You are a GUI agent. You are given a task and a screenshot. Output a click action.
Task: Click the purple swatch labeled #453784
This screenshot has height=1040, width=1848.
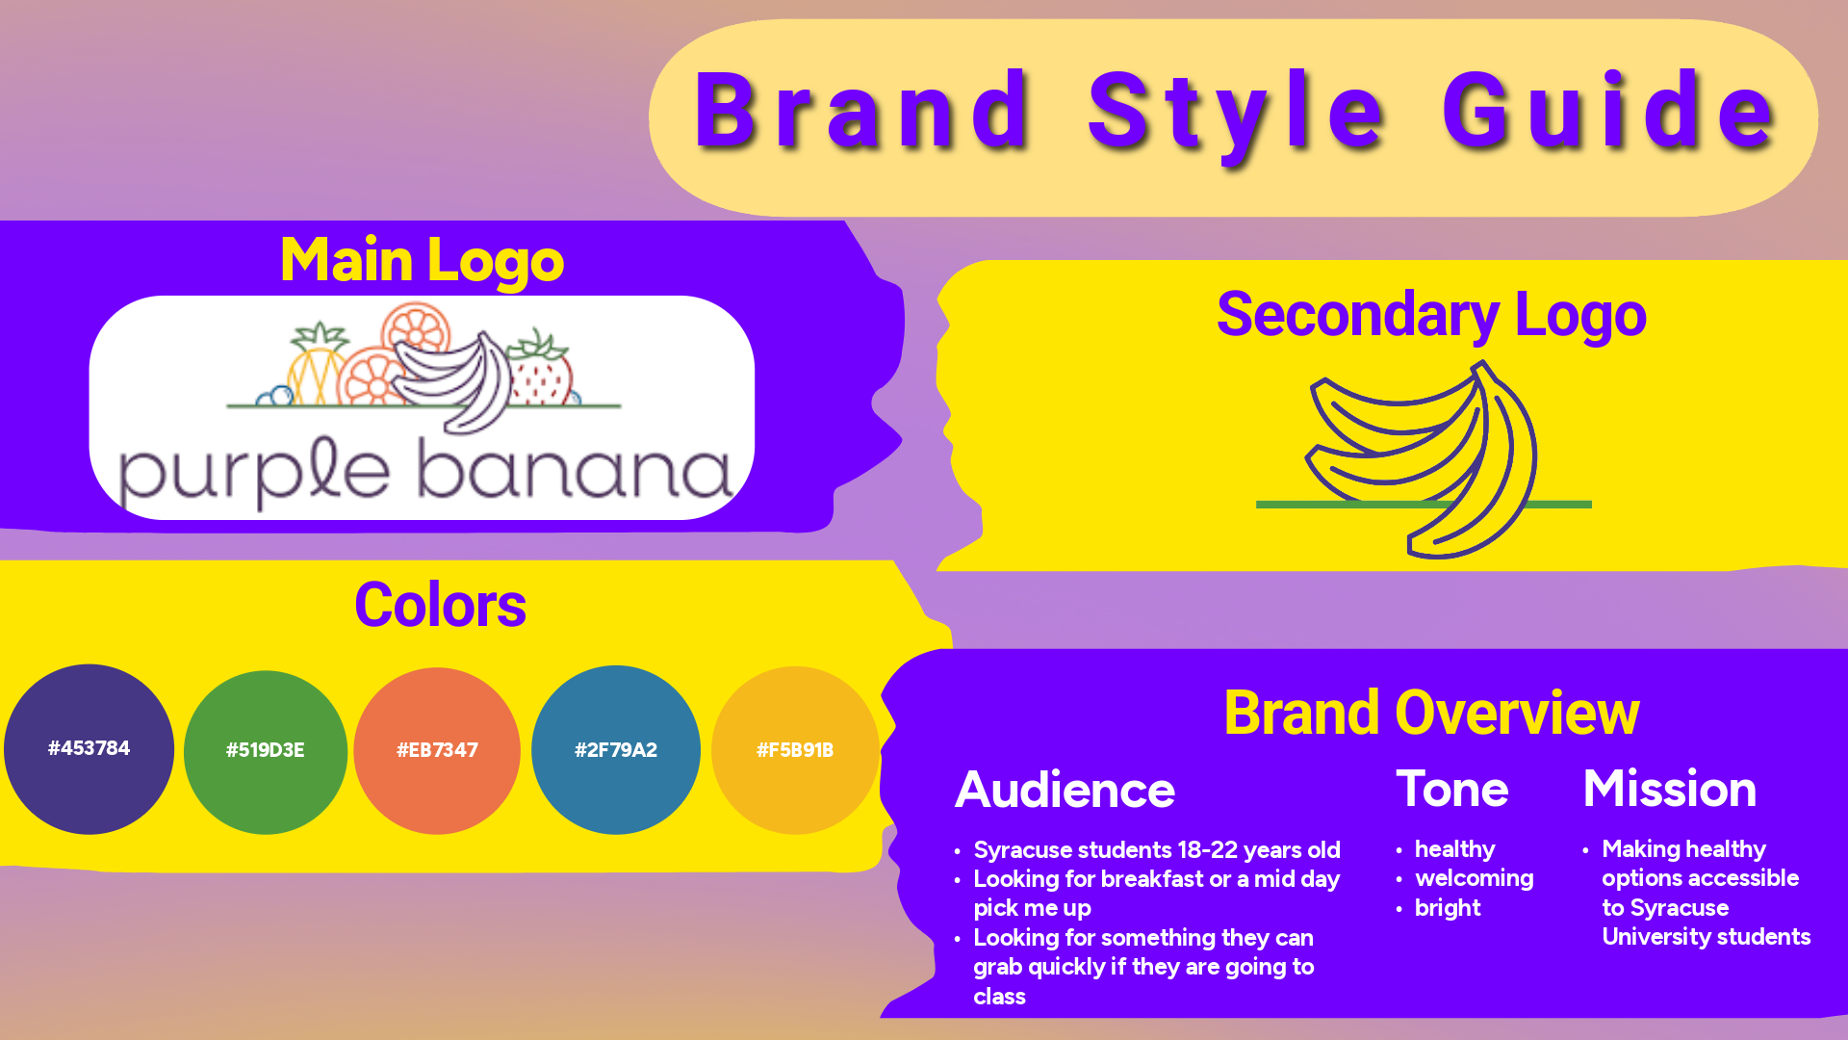click(89, 749)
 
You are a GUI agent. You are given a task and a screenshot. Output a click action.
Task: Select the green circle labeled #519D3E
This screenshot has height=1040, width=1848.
click(266, 752)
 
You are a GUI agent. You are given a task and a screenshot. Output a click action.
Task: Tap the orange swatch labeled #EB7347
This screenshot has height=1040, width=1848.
click(437, 751)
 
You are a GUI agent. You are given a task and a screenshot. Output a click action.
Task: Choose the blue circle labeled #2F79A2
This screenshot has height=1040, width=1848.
click(616, 750)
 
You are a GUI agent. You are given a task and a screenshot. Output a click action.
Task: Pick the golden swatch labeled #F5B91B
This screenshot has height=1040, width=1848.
click(795, 750)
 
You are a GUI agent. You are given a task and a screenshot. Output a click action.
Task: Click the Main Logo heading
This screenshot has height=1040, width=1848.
click(422, 260)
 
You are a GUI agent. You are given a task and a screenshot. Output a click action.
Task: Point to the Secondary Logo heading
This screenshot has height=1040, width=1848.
click(1431, 315)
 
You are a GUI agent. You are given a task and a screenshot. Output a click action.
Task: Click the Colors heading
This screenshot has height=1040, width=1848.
click(440, 605)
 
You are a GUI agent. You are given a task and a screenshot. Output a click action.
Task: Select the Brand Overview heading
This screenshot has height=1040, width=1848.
click(1431, 713)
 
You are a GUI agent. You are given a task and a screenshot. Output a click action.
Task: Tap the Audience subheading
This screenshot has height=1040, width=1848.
click(1065, 790)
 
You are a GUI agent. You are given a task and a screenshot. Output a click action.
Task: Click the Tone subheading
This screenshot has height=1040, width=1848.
click(1452, 789)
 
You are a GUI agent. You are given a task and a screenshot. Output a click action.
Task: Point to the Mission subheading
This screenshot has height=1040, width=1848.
click(1670, 789)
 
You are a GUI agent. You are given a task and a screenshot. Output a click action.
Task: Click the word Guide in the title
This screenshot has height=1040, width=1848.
click(1609, 111)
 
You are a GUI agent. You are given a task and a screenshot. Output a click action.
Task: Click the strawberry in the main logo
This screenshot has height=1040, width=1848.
click(541, 369)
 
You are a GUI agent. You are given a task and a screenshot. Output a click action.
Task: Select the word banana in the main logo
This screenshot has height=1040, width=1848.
click(575, 471)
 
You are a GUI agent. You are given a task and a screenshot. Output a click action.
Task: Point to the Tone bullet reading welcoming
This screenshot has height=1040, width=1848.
click(1474, 878)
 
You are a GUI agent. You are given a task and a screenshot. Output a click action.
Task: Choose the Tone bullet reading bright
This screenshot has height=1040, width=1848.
click(1448, 908)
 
